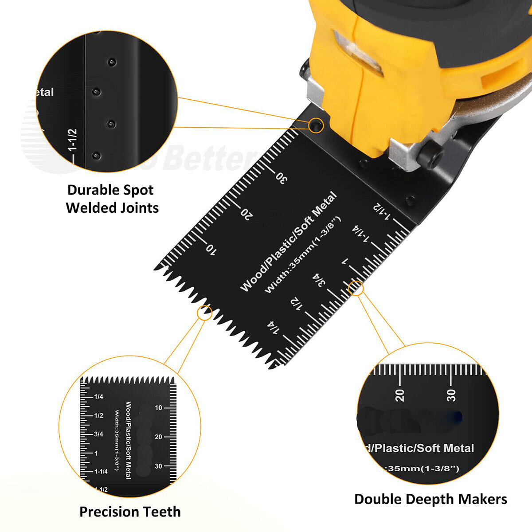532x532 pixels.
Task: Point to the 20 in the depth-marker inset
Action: [x=400, y=395]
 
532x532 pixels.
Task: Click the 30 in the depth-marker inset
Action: [x=451, y=395]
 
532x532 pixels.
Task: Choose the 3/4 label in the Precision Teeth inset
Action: [x=98, y=434]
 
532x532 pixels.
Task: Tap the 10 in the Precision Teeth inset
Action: [x=158, y=408]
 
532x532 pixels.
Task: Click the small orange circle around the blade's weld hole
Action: [x=316, y=125]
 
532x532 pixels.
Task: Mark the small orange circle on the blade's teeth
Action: [x=204, y=313]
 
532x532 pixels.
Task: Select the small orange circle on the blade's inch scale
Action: [x=356, y=289]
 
